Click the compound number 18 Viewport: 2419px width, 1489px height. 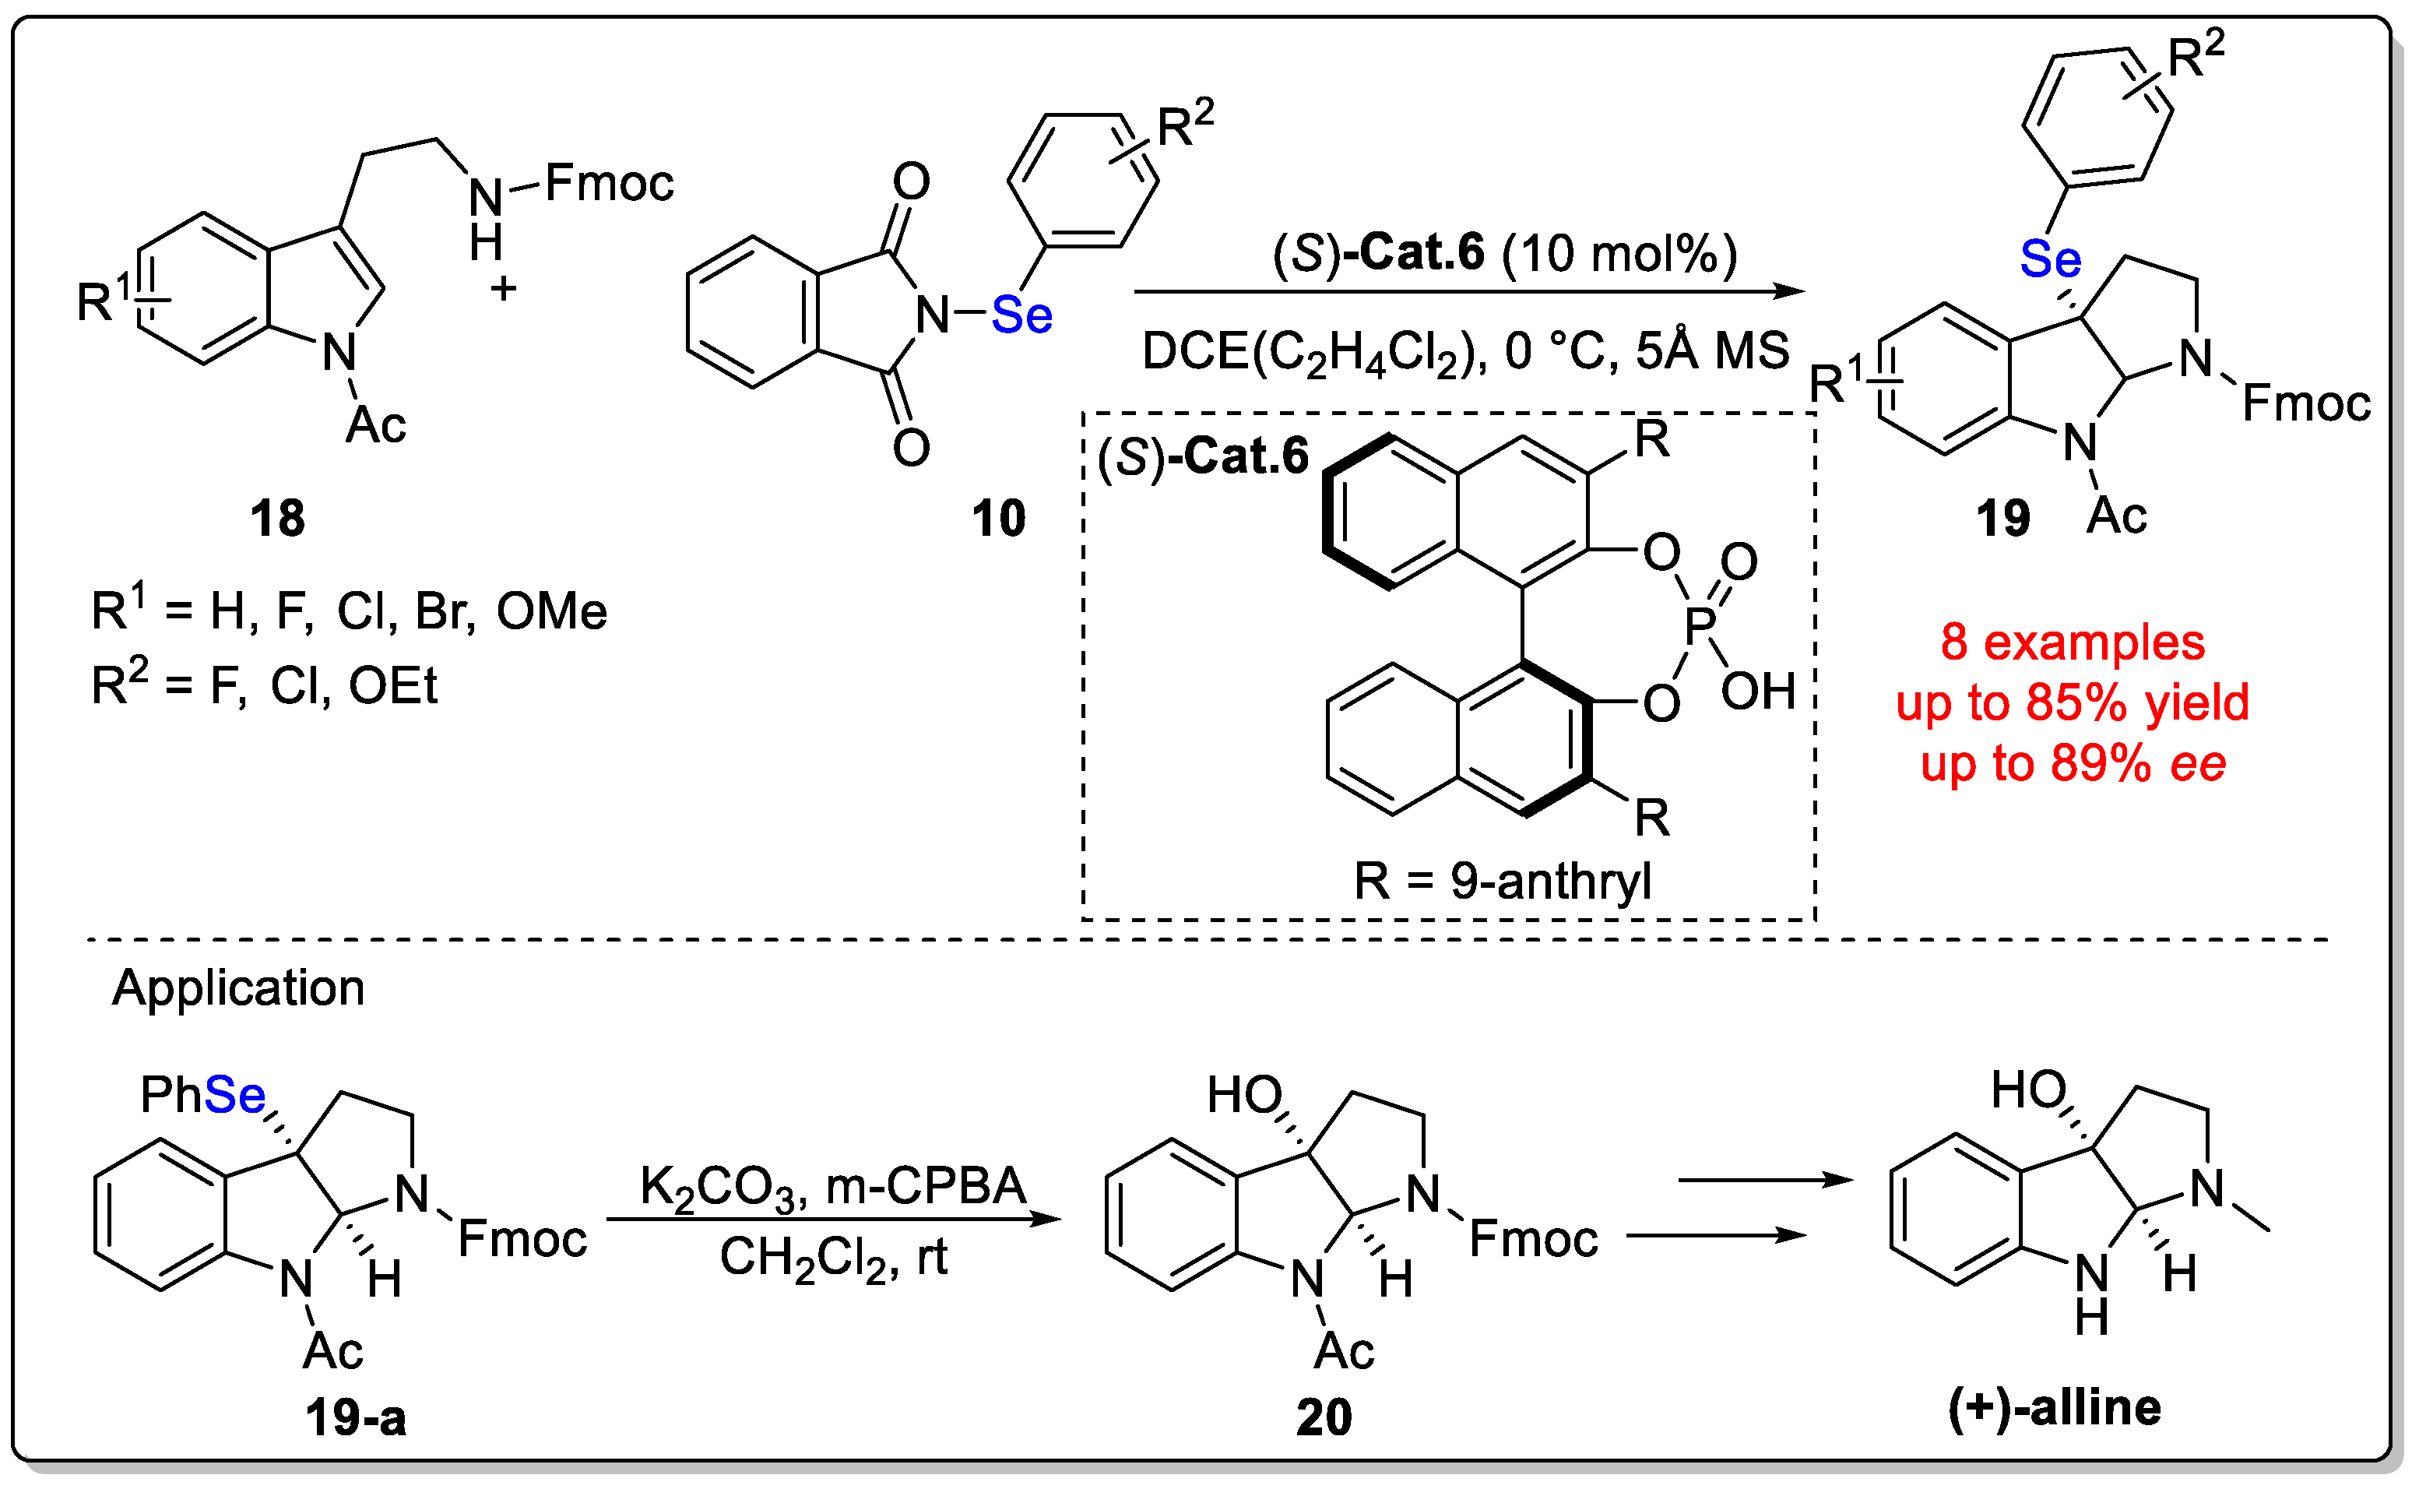[x=278, y=519]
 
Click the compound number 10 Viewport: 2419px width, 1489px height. [x=998, y=519]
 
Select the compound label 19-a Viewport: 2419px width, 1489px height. [x=356, y=1418]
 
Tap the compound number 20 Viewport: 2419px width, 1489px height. [x=1324, y=1418]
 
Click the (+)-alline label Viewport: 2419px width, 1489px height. [x=2055, y=1408]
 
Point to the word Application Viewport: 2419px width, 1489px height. [x=238, y=987]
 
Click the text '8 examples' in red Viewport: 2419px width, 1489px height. [x=2073, y=643]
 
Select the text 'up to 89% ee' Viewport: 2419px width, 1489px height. [x=2073, y=764]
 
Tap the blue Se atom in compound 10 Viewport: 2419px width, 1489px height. [x=1022, y=316]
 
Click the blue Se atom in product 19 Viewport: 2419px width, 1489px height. [x=2051, y=260]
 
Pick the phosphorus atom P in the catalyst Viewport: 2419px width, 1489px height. [x=1700, y=625]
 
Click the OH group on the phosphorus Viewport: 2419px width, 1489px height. [x=1758, y=692]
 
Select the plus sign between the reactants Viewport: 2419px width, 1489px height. [x=504, y=290]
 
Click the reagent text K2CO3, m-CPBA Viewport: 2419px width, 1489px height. [x=833, y=1188]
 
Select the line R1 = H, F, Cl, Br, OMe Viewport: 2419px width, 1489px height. [x=350, y=611]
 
